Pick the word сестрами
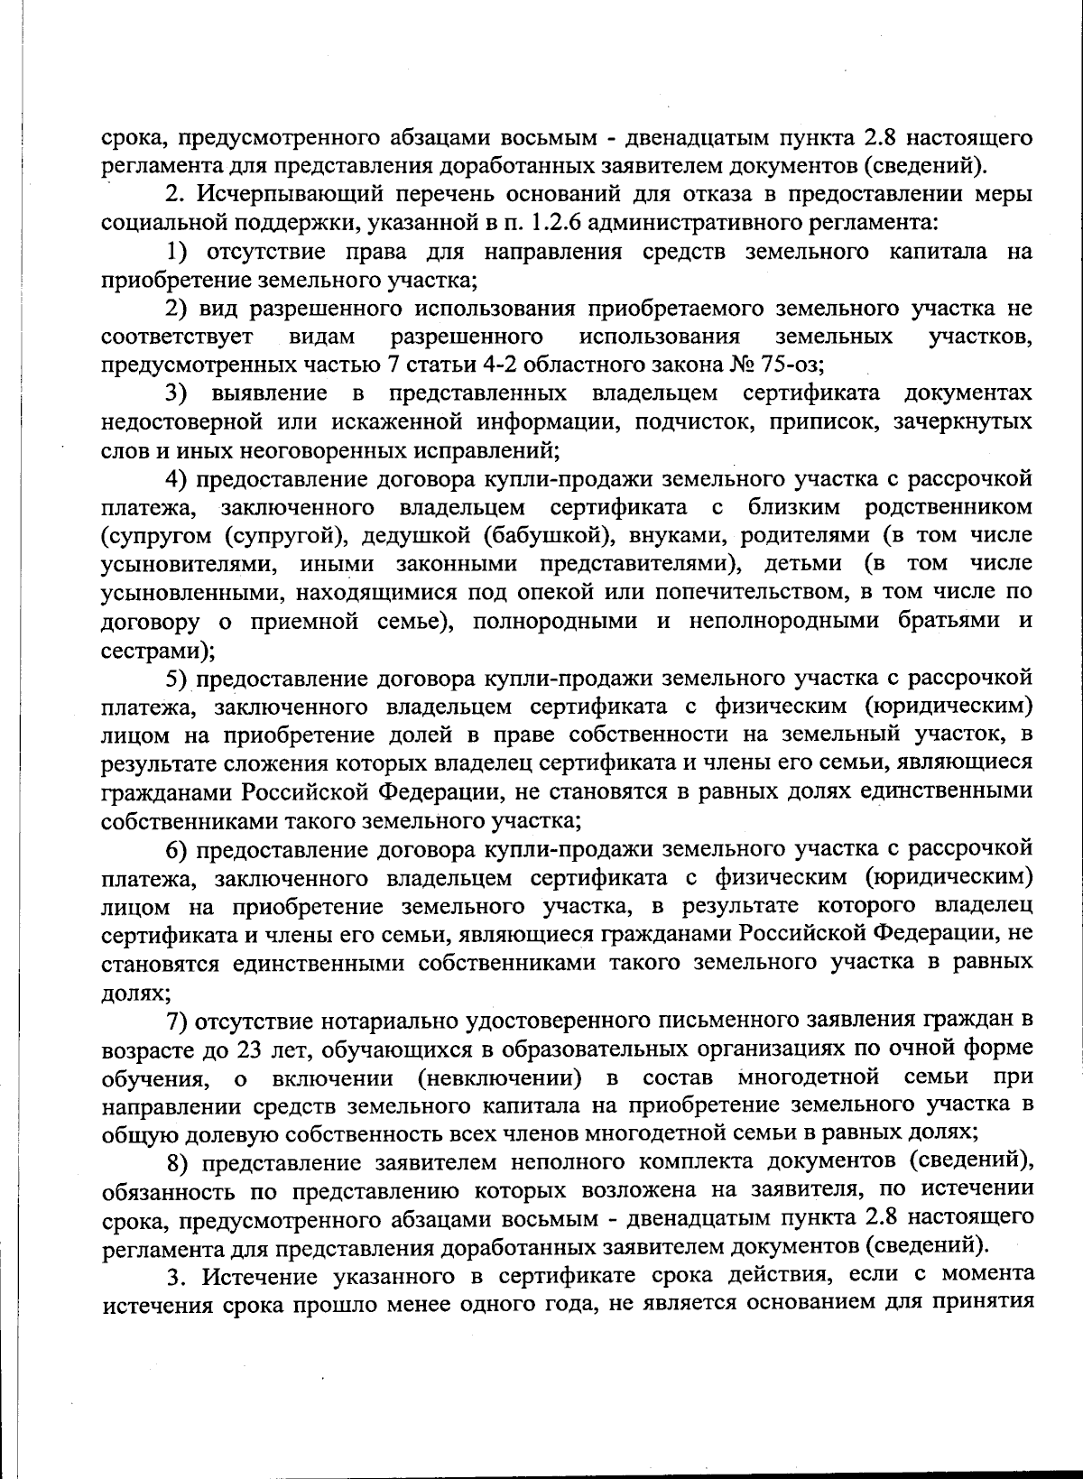click(153, 650)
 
